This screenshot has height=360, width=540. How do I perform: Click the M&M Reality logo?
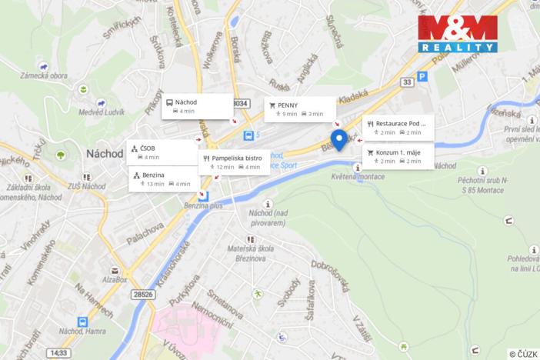point(457,32)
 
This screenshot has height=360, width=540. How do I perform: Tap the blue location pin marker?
point(338,140)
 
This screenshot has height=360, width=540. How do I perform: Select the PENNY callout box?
point(300,108)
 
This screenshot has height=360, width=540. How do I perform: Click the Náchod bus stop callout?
point(198,106)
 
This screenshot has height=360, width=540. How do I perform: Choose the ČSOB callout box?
point(162,152)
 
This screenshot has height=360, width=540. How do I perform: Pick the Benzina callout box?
point(162,179)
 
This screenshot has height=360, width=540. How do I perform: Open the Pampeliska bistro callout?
point(234,162)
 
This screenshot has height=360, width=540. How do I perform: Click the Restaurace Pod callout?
point(398,128)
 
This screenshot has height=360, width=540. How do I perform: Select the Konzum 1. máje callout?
point(398,156)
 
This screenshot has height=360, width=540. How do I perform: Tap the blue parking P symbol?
point(422,76)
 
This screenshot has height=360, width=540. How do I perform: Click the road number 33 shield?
point(407,81)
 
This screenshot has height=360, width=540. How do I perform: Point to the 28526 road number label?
point(142,294)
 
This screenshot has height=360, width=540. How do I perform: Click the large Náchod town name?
point(105,153)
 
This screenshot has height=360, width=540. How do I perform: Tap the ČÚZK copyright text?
point(523,354)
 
